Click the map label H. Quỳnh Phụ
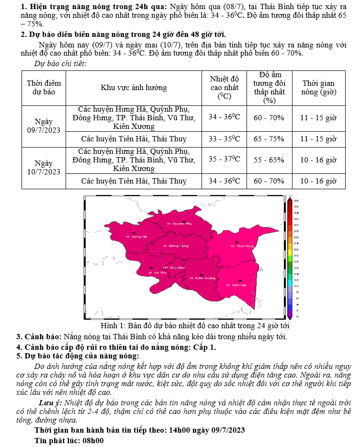point(180,224)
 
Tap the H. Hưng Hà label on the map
point(136,237)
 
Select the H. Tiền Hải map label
point(239,285)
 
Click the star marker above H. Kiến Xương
point(202,275)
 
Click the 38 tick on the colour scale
point(296,200)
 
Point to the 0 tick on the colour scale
point(296,317)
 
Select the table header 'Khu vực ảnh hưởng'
point(134,88)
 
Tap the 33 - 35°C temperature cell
point(224,139)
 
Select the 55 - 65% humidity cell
point(269,160)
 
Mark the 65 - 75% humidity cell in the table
point(269,139)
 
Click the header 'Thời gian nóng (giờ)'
point(318,88)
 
